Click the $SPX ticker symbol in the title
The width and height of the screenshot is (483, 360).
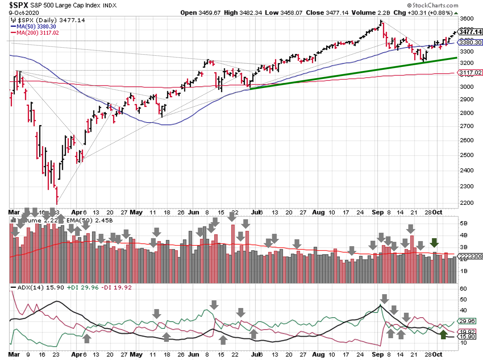tap(19, 5)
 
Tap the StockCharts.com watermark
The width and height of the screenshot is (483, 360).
tap(433, 5)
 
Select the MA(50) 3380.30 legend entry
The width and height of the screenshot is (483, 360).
tap(36, 27)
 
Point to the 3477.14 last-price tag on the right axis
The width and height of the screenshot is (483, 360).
tap(470, 32)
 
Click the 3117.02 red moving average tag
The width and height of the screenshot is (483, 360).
tap(471, 73)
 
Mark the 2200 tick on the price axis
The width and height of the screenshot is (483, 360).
tap(467, 203)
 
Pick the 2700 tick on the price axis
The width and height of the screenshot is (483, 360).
tap(467, 126)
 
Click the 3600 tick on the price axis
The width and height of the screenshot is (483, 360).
tap(467, 19)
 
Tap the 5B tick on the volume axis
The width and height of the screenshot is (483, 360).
tap(463, 223)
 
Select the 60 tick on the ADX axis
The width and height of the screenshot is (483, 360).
tap(463, 289)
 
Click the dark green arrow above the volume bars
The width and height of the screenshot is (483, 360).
tap(434, 243)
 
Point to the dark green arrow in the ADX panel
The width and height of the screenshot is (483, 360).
tap(443, 335)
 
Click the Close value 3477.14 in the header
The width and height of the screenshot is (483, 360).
tap(337, 13)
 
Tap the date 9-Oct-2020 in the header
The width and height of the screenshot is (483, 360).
tap(24, 13)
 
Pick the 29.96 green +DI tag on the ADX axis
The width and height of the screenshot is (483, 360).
tap(467, 321)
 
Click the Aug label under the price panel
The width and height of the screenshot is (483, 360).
tap(318, 212)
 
